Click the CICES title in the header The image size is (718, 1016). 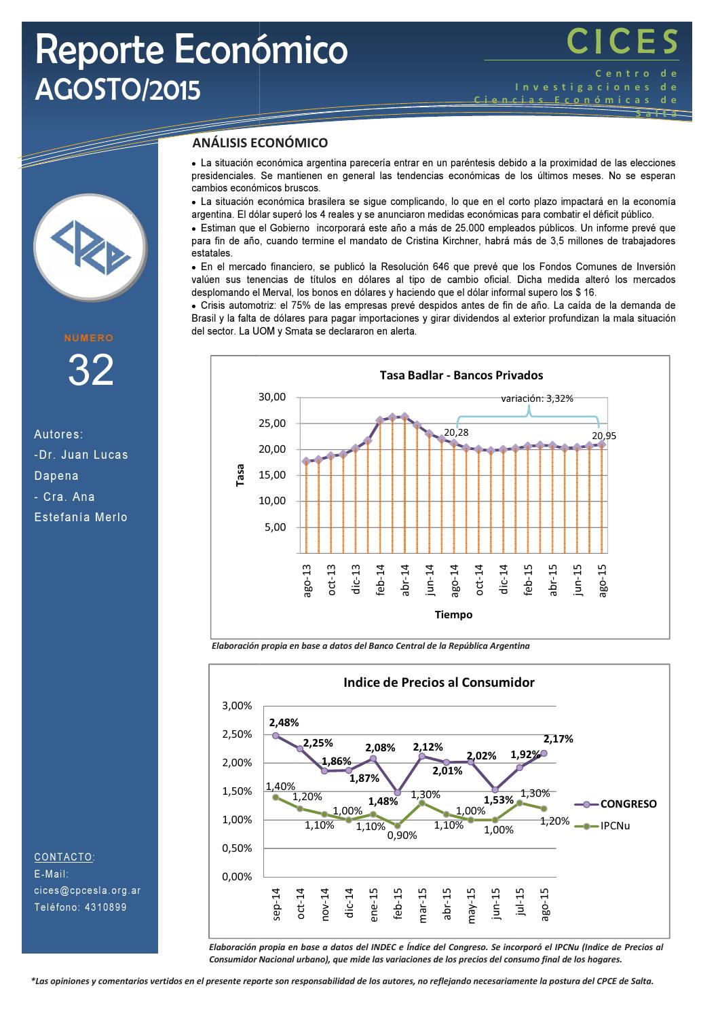[622, 42]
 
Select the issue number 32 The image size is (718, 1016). [90, 371]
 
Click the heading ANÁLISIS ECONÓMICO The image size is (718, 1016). [260, 143]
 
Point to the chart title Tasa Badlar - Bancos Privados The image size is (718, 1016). [461, 375]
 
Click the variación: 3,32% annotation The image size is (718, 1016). [536, 398]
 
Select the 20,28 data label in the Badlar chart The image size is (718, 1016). [456, 432]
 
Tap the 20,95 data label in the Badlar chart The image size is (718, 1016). [603, 436]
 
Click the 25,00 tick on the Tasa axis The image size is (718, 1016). [272, 424]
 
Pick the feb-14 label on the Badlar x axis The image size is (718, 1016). [381, 580]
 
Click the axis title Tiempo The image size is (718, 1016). [453, 615]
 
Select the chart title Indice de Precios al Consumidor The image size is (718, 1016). [438, 682]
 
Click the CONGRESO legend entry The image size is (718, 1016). [628, 804]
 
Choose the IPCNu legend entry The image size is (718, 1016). [615, 826]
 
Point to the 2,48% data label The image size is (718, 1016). [284, 722]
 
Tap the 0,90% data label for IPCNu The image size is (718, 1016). [402, 835]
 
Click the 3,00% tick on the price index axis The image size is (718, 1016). [237, 706]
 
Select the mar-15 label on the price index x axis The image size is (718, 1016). [422, 904]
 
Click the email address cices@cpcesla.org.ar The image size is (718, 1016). [88, 890]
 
